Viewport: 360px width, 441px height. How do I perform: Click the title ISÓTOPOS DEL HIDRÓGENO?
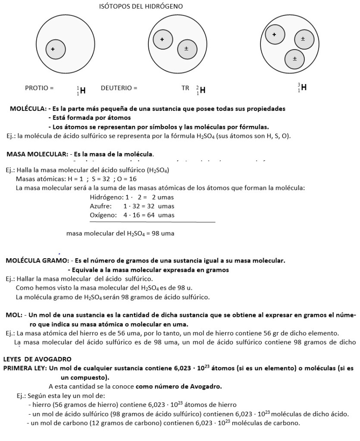[141, 6]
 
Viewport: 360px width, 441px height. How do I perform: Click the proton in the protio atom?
[53, 49]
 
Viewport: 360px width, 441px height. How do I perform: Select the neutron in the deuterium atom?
[186, 49]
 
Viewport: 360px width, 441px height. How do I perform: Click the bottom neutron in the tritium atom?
[294, 59]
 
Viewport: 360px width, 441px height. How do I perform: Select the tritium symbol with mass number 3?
[302, 88]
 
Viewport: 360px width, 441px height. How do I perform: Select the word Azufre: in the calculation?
[100, 206]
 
